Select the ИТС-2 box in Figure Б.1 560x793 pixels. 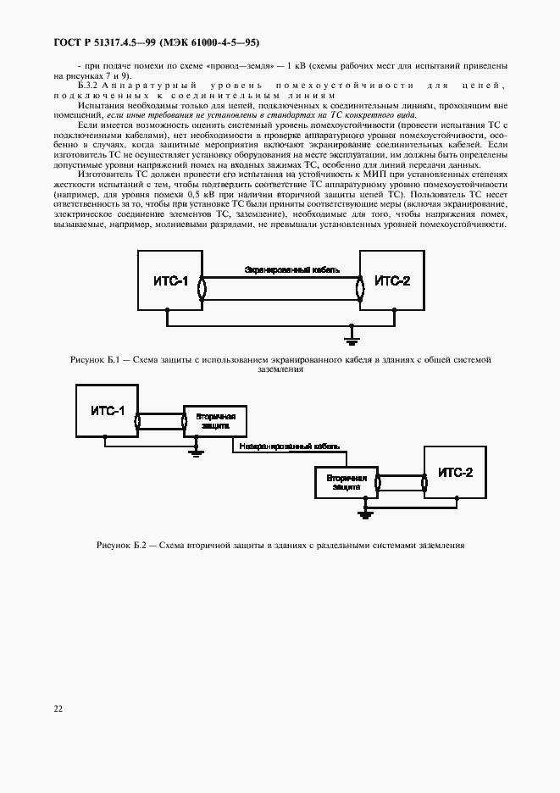391,280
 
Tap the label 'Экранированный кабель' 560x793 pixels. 292,269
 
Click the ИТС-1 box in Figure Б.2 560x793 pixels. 108,411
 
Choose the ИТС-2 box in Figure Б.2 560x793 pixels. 455,473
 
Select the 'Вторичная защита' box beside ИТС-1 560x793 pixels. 216,422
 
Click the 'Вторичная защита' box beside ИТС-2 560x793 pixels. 346,483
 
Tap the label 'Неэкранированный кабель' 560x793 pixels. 289,446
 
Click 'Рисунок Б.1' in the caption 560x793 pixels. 94,360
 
